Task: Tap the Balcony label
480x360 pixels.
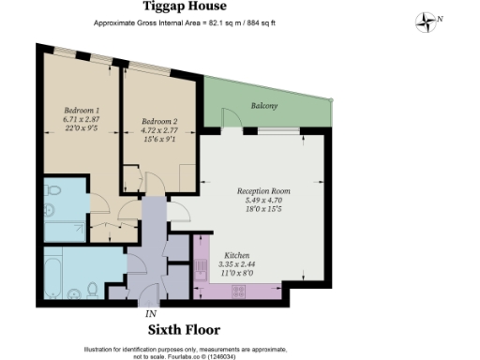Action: point(264,106)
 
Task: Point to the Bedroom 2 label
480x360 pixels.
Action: point(159,121)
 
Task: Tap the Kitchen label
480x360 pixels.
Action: point(236,254)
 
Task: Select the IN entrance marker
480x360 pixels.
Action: point(151,313)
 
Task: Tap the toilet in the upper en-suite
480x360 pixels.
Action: point(54,193)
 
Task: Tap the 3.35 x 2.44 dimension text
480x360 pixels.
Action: point(236,263)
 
